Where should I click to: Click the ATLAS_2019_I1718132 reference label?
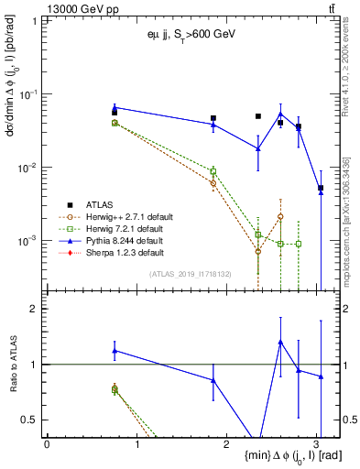tap(191, 273)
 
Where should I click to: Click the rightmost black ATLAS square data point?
tap(321, 188)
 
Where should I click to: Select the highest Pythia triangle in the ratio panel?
tap(280, 342)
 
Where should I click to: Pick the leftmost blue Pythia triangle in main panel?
tap(115, 108)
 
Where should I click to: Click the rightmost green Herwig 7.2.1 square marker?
tap(299, 244)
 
